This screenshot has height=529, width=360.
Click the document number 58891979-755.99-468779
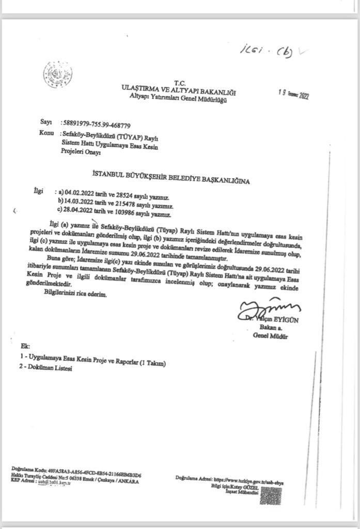[96, 125]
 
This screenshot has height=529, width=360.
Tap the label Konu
[46, 133]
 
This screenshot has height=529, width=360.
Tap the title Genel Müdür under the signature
[270, 336]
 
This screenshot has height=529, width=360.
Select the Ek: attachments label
[25, 345]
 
